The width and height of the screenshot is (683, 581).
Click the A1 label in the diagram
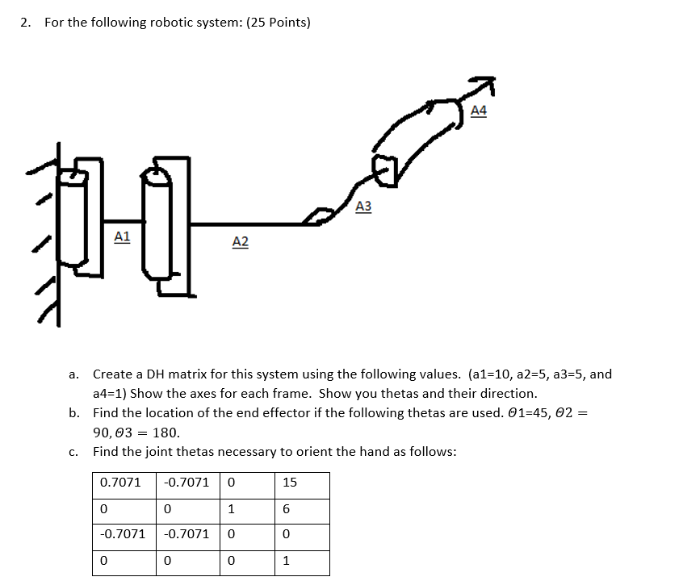coord(122,236)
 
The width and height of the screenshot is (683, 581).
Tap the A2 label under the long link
coord(240,241)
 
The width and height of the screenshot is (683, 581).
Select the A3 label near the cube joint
coord(363,207)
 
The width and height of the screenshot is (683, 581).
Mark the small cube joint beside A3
coord(385,170)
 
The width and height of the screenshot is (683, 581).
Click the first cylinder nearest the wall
coord(76,215)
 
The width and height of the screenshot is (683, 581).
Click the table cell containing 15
coord(290,483)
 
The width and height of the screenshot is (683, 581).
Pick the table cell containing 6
coord(287,508)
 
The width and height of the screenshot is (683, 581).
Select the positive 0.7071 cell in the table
coord(120,483)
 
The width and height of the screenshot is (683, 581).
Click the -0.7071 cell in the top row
coord(186,483)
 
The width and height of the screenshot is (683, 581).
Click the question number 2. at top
coord(27,22)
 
